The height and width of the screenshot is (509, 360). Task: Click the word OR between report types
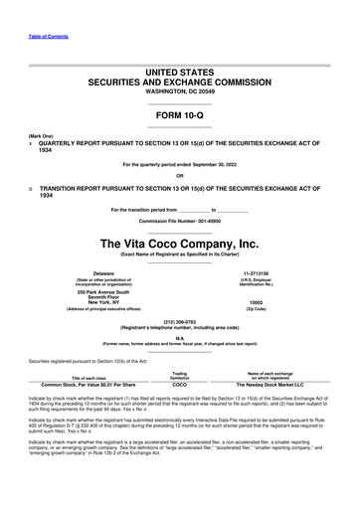point(180,179)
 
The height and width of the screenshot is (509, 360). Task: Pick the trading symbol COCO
point(180,384)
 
